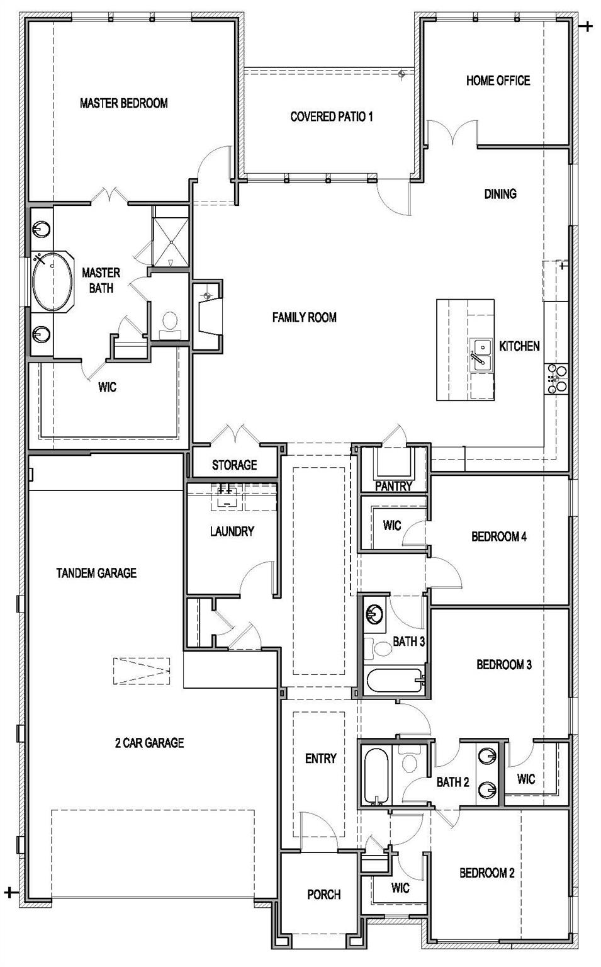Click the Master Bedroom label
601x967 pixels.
pyautogui.click(x=124, y=103)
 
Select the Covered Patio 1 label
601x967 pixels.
pyautogui.click(x=332, y=116)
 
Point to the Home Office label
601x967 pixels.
pyautogui.click(x=498, y=81)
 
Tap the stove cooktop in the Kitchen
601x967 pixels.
pyautogui.click(x=557, y=378)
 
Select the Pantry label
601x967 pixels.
pyautogui.click(x=393, y=486)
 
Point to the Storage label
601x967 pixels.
pyautogui.click(x=234, y=465)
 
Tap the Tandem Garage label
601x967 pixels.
pyautogui.click(x=96, y=573)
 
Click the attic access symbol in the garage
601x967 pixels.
pyautogui.click(x=142, y=671)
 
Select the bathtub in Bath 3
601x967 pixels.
pyautogui.click(x=394, y=682)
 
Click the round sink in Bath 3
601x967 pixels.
pyautogui.click(x=375, y=613)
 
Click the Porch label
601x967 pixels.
pyautogui.click(x=323, y=895)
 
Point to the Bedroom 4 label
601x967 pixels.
pyautogui.click(x=498, y=537)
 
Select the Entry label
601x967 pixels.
pyautogui.click(x=320, y=759)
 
